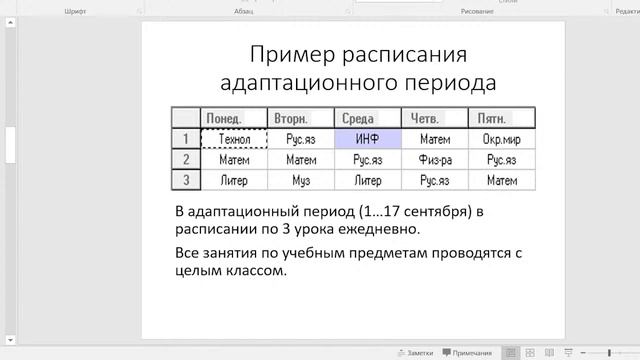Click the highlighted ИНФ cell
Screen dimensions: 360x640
tap(367, 139)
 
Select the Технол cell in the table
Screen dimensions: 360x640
tap(234, 139)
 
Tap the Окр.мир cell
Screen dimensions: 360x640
tap(501, 139)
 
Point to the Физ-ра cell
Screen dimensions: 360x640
tap(434, 160)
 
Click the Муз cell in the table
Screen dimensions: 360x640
tap(300, 181)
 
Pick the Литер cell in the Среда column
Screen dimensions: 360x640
tap(367, 181)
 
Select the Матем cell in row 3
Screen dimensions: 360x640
tap(501, 181)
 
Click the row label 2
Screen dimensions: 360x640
tap(185, 160)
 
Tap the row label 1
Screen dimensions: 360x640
tap(185, 139)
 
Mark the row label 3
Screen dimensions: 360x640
tap(185, 181)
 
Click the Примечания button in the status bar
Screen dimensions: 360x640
tap(467, 352)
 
